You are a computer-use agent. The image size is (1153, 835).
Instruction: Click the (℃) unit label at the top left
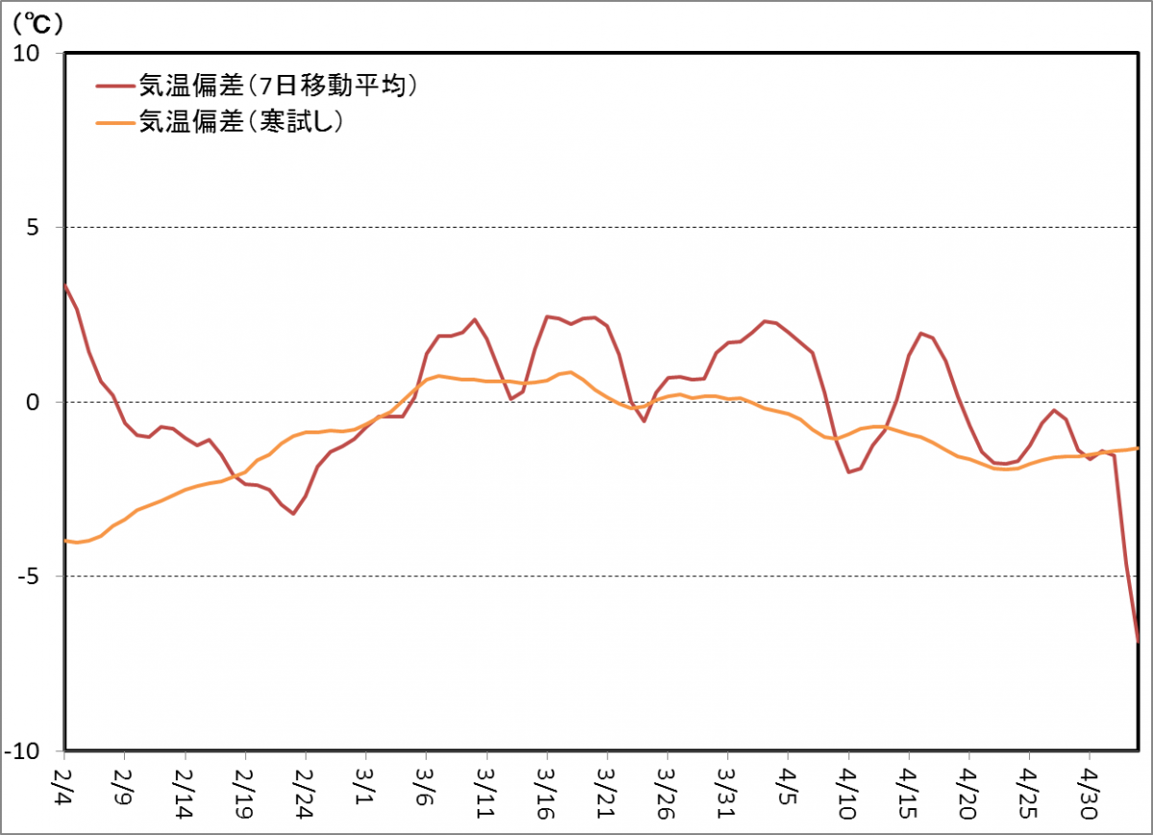pos(37,19)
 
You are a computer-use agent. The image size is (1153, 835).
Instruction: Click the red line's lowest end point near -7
pos(1138,640)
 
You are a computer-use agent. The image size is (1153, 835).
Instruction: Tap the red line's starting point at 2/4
pos(65,285)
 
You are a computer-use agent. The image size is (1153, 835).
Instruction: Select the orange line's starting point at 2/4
pos(65,541)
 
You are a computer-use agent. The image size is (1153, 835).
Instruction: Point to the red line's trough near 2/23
pos(293,513)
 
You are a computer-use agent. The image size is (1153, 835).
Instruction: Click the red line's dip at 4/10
pos(848,472)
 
